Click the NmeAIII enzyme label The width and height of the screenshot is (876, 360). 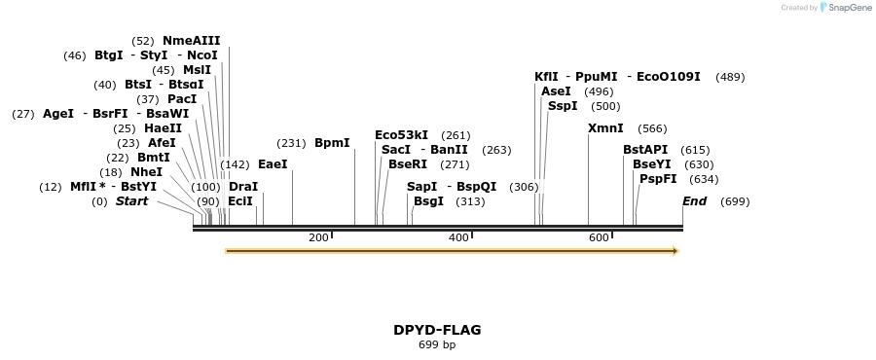click(x=192, y=41)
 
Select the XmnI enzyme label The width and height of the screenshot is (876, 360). click(x=605, y=128)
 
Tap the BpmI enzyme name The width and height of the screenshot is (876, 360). click(x=332, y=143)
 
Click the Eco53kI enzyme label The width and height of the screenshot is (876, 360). click(x=401, y=135)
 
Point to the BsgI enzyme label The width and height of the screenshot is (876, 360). click(x=428, y=201)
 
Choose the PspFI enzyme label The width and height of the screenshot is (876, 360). click(x=658, y=179)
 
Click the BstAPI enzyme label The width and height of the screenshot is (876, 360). click(x=645, y=150)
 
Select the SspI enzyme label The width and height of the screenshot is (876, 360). click(x=563, y=106)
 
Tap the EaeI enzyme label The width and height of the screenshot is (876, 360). click(x=273, y=164)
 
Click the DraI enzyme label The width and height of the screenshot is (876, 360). click(x=243, y=187)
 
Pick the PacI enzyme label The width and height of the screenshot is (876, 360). click(x=182, y=99)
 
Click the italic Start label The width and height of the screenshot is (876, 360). click(x=132, y=201)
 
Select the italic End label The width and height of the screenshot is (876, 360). click(x=695, y=201)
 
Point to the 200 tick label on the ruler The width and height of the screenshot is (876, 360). click(x=318, y=238)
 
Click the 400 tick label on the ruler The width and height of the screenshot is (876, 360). click(x=458, y=238)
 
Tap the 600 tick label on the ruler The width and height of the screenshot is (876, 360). click(x=599, y=238)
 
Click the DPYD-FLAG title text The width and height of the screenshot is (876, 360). click(x=437, y=330)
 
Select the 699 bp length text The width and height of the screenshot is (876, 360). click(x=437, y=344)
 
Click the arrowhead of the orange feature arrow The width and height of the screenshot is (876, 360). click(x=674, y=251)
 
